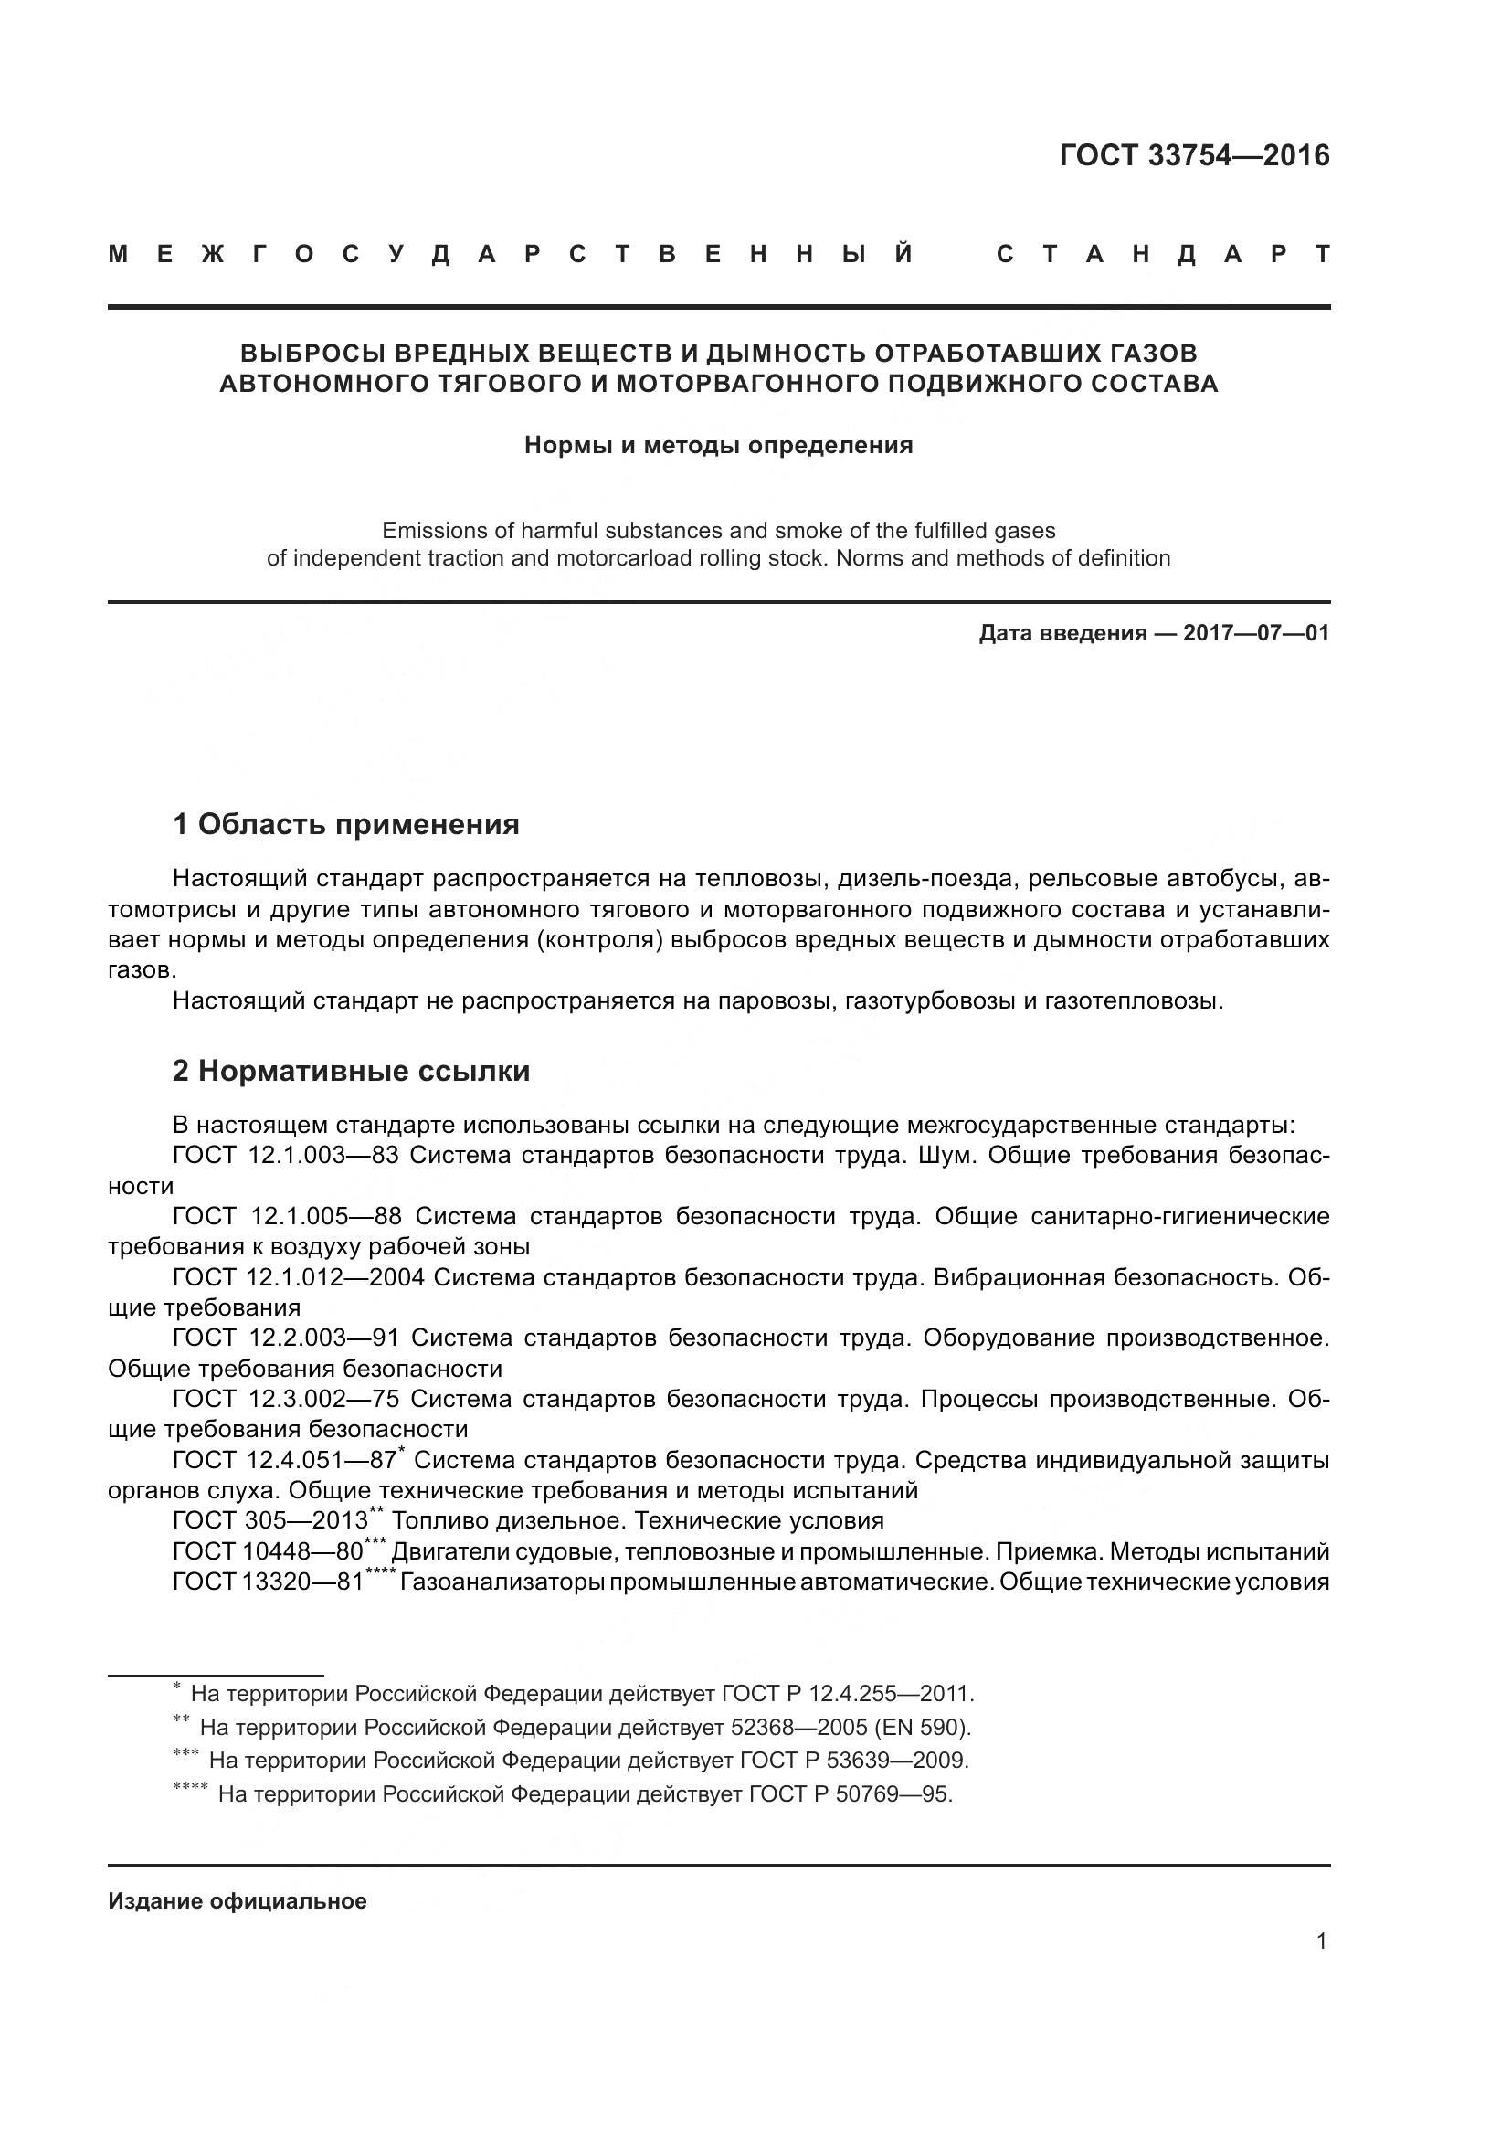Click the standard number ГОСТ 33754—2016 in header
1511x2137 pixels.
[x=1194, y=155]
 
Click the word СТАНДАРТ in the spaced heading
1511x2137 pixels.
[x=1163, y=254]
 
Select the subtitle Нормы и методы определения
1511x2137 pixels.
[x=718, y=445]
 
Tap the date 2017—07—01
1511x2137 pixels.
[x=1256, y=634]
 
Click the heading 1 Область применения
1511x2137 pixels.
[x=346, y=824]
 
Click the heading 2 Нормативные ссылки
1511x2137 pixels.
[x=351, y=1072]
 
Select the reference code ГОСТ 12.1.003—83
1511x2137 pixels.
[x=287, y=1156]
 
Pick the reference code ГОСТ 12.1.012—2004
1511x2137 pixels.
[x=299, y=1277]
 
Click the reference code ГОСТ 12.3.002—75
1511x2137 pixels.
[x=287, y=1399]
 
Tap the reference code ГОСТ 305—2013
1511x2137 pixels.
[x=270, y=1521]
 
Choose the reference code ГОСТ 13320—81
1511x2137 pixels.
[x=269, y=1582]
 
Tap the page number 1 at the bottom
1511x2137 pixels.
[x=1321, y=1941]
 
